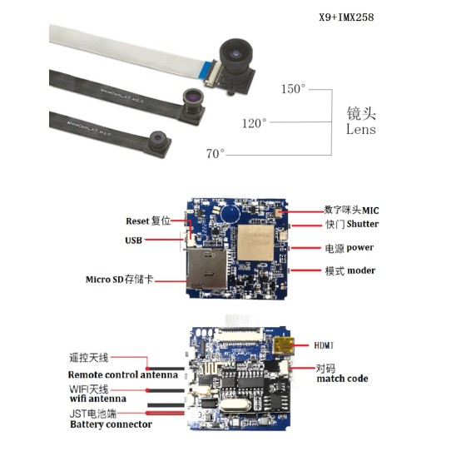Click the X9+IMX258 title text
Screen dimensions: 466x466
[x=353, y=16]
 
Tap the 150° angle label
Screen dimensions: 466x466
[x=294, y=89]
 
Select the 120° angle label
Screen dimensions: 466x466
[x=254, y=123]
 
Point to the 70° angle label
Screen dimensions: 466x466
[x=215, y=154]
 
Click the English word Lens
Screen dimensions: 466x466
[x=360, y=130]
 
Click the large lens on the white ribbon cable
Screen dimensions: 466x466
[x=235, y=57]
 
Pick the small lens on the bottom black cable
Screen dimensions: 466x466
[x=157, y=139]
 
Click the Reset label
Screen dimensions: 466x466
[x=136, y=221]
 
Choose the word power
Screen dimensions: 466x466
[x=360, y=248]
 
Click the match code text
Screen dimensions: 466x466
[x=342, y=379]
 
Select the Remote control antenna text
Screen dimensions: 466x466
[x=124, y=375]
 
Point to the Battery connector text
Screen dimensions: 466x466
[x=111, y=424]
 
